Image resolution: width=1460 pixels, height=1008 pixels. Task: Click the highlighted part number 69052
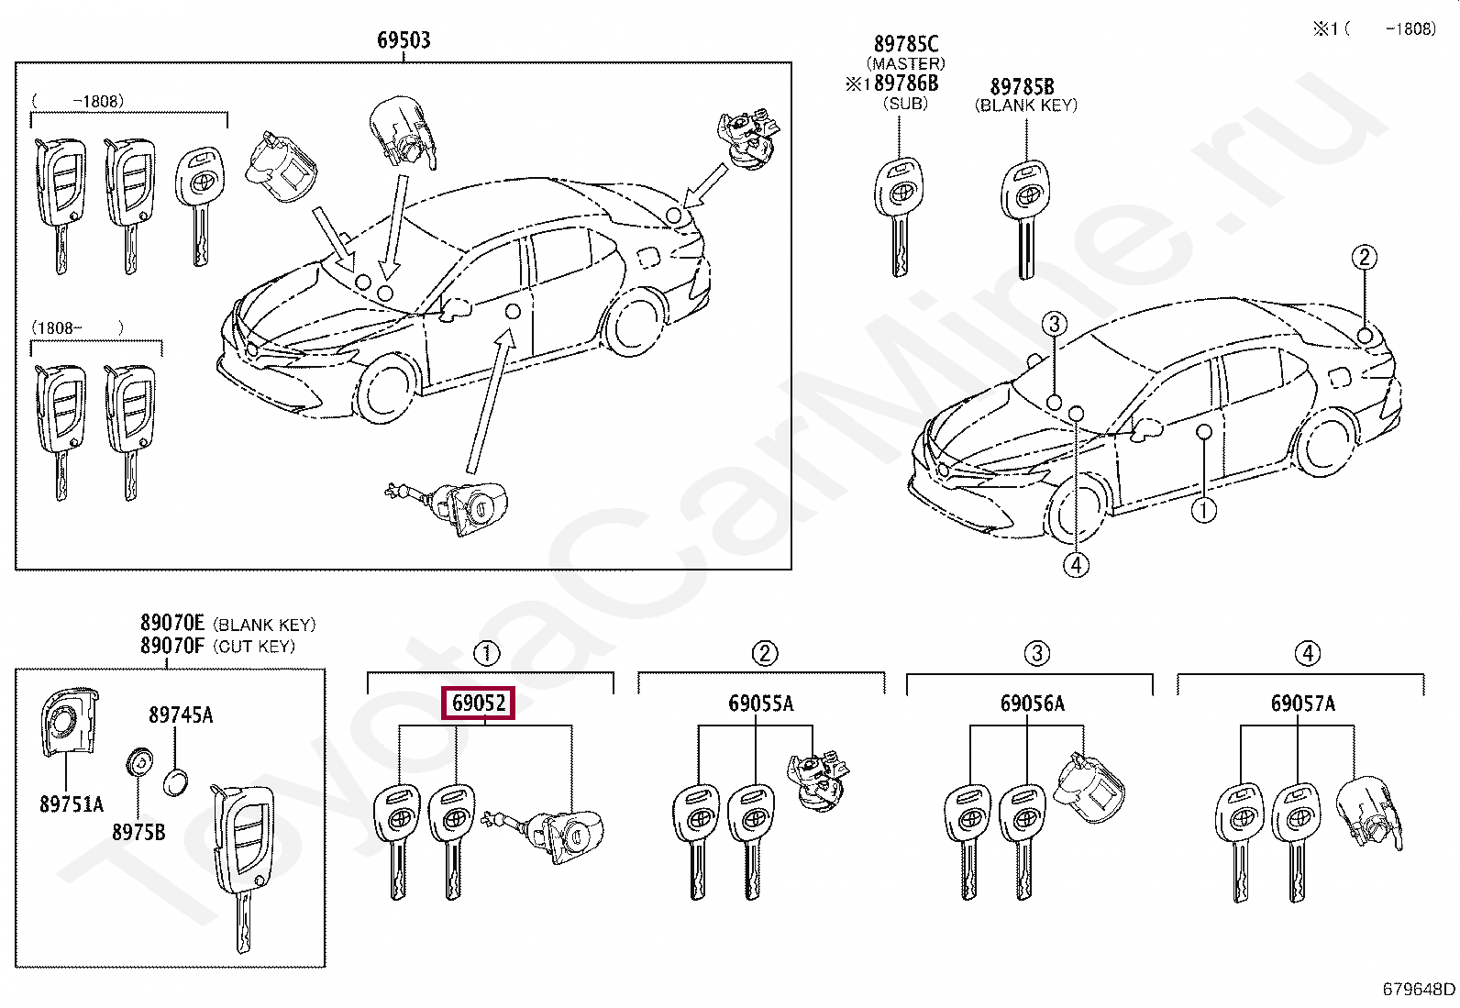479,703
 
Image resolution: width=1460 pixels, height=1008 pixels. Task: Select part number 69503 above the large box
404,40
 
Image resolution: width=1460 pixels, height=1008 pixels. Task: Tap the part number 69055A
760,704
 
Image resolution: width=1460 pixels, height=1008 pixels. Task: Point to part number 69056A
1032,704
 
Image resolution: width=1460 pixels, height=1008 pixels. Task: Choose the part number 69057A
1302,704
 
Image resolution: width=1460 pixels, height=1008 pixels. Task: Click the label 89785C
905,44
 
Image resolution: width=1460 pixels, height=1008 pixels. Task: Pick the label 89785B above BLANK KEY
1022,87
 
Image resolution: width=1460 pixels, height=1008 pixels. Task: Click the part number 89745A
181,715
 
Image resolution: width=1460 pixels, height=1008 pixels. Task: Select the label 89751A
72,804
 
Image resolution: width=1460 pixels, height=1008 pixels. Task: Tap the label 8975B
138,833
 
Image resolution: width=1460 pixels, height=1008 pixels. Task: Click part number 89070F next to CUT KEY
172,646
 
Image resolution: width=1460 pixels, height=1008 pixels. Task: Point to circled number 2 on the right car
1365,257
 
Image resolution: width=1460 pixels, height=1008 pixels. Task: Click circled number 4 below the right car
1077,565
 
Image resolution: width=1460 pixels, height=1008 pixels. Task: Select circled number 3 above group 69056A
1036,654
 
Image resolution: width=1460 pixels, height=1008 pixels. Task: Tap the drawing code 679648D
1418,989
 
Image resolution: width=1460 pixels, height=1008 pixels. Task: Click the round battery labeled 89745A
176,783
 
